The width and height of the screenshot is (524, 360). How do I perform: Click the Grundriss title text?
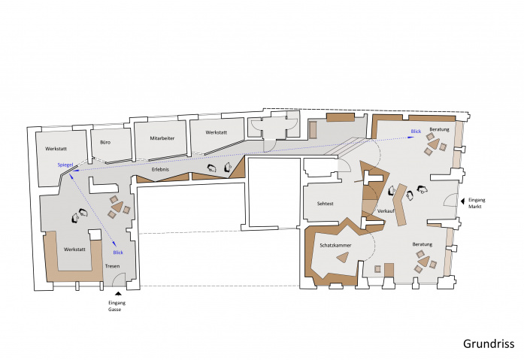click(489, 344)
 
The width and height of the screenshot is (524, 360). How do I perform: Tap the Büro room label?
click(105, 142)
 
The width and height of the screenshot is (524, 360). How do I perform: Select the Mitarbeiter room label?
click(162, 138)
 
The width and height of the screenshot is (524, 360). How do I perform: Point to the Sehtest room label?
click(326, 204)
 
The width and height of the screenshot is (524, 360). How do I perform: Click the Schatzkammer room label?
click(335, 245)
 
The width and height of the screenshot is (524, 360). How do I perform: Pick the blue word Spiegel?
click(65, 165)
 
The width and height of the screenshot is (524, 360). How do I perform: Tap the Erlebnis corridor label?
click(160, 169)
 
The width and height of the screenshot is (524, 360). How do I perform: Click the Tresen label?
click(112, 266)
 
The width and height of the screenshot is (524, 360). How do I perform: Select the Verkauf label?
click(386, 211)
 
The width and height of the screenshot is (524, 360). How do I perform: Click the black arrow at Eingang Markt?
click(462, 201)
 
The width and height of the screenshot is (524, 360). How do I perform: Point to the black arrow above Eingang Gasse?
click(117, 294)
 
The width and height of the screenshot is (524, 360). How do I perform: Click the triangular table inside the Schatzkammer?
click(344, 257)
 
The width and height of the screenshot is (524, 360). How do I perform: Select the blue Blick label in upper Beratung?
click(416, 132)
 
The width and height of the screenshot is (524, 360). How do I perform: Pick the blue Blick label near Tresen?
click(118, 253)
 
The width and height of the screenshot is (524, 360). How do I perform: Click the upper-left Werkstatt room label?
click(56, 149)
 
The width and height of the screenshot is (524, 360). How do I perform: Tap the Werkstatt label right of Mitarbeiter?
click(217, 132)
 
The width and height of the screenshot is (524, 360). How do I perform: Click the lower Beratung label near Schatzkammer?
click(422, 244)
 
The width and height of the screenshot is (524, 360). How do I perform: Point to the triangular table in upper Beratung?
click(434, 144)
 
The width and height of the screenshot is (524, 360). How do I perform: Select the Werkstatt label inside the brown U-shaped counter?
click(74, 250)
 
